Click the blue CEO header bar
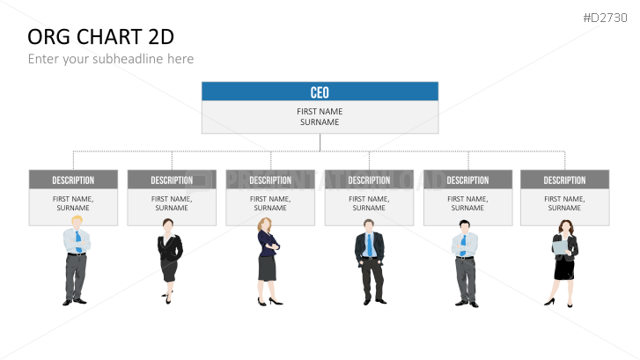[320, 92]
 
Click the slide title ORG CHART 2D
[101, 37]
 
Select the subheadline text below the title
[111, 59]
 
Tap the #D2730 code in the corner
[605, 18]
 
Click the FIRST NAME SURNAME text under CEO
[320, 117]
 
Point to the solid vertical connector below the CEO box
[320, 143]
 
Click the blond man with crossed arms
[77, 261]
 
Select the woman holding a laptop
[563, 263]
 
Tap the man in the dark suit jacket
[370, 262]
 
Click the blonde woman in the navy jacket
[269, 261]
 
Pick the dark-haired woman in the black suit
[170, 261]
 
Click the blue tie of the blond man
[78, 242]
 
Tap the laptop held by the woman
[560, 247]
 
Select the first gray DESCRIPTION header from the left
[73, 180]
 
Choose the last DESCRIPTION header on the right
[565, 180]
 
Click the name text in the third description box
[270, 203]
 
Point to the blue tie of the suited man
[370, 245]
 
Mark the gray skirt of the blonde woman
[267, 268]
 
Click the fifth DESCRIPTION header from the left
[467, 180]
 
